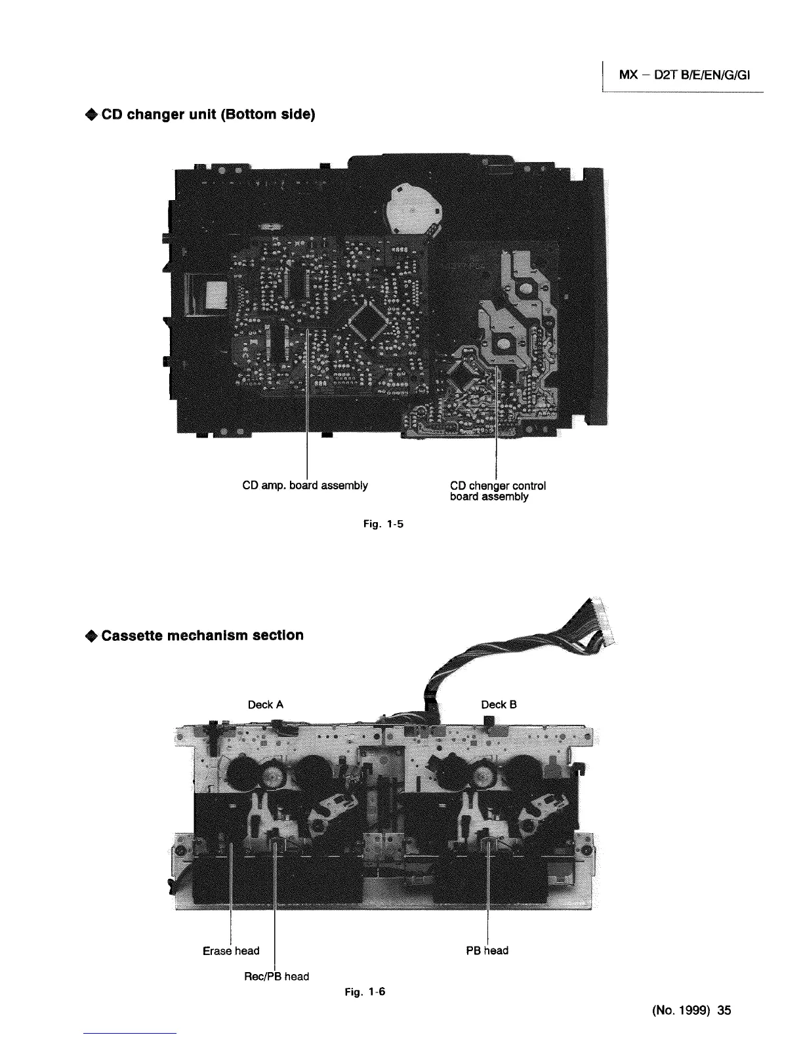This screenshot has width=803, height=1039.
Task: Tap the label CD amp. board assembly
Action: click(x=305, y=485)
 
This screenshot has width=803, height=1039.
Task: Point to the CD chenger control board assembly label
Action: click(x=498, y=491)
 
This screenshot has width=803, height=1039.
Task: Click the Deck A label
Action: click(x=266, y=704)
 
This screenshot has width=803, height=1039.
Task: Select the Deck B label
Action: click(x=499, y=704)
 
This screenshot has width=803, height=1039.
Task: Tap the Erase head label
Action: click(x=231, y=950)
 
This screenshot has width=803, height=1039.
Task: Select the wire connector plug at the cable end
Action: click(x=602, y=626)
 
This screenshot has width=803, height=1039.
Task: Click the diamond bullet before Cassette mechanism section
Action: click(x=91, y=636)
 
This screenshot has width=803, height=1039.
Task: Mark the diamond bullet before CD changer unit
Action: click(x=91, y=116)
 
